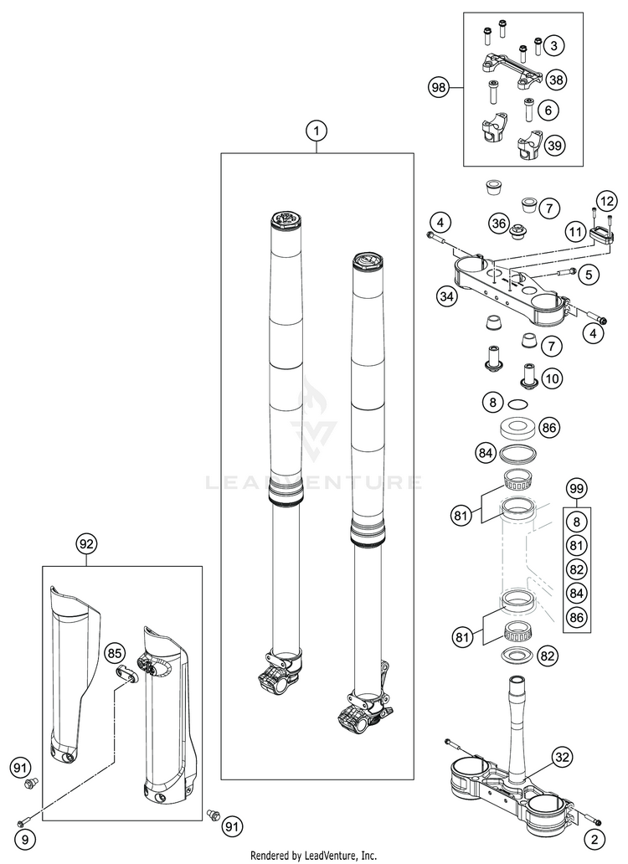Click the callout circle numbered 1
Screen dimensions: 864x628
pos(317,131)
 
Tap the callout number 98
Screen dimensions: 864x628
pos(439,86)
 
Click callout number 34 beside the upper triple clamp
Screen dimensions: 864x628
pos(447,296)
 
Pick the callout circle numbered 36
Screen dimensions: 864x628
pos(499,224)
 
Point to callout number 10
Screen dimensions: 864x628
pos(553,378)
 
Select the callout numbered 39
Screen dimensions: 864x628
pos(554,146)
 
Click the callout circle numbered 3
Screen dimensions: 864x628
pos(554,45)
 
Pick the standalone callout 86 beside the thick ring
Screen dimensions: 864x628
pos(549,428)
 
